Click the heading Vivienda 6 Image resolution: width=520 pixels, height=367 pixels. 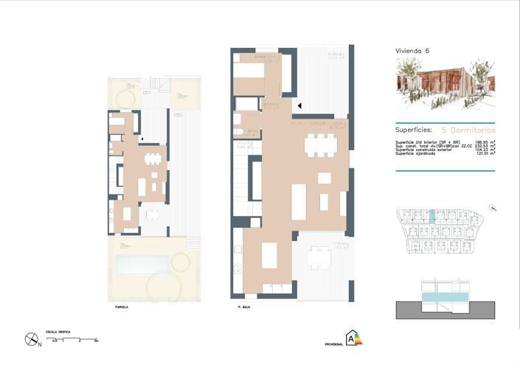coord(412,51)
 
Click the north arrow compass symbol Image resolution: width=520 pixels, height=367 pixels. coord(30,340)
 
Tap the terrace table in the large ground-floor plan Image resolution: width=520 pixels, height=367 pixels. coord(320,257)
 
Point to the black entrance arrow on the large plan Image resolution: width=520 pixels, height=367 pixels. coord(299,106)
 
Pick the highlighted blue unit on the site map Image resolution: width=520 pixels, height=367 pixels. coord(431,215)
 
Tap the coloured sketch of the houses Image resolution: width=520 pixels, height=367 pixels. coord(445,84)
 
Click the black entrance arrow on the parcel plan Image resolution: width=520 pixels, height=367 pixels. coord(141,137)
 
